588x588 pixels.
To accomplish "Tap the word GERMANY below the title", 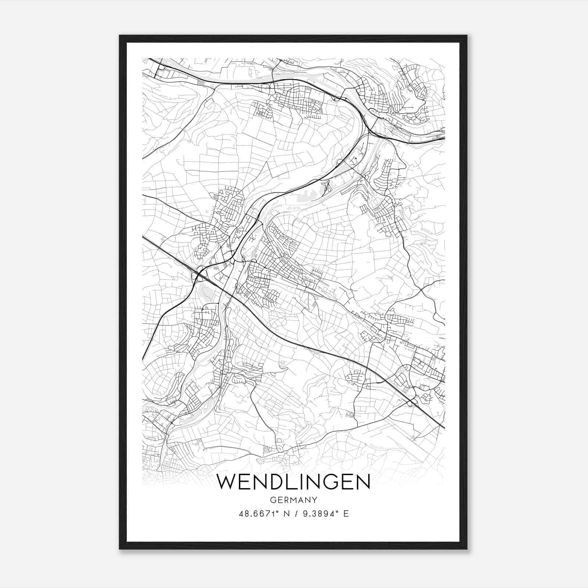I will [293, 500].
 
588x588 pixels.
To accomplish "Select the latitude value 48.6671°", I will [258, 514].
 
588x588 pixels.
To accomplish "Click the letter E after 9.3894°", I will [346, 514].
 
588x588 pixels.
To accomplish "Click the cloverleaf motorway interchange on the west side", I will [201, 274].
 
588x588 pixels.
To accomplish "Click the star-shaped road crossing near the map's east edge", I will [421, 290].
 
